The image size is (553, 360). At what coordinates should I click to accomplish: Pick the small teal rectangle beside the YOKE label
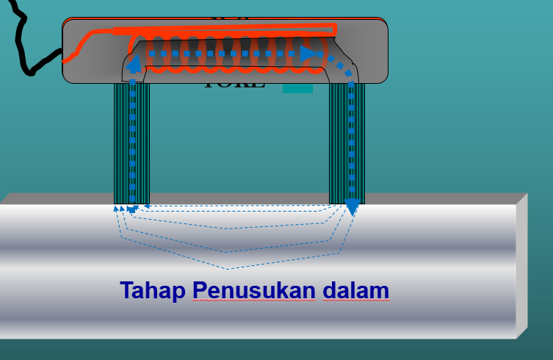click(297, 88)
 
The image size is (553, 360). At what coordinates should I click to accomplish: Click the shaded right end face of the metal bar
click(521, 268)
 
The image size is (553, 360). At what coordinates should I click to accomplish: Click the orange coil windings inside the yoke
click(228, 55)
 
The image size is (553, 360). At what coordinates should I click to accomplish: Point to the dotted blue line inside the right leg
click(352, 140)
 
